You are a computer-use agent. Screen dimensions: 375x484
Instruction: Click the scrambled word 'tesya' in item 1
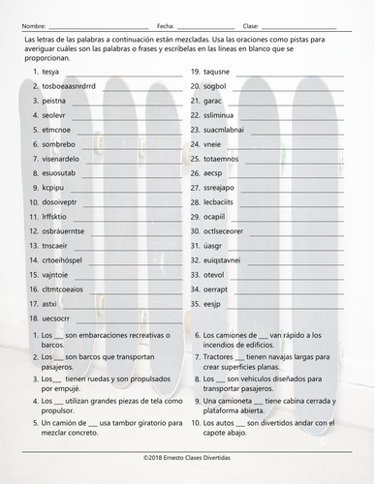(x=50, y=73)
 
